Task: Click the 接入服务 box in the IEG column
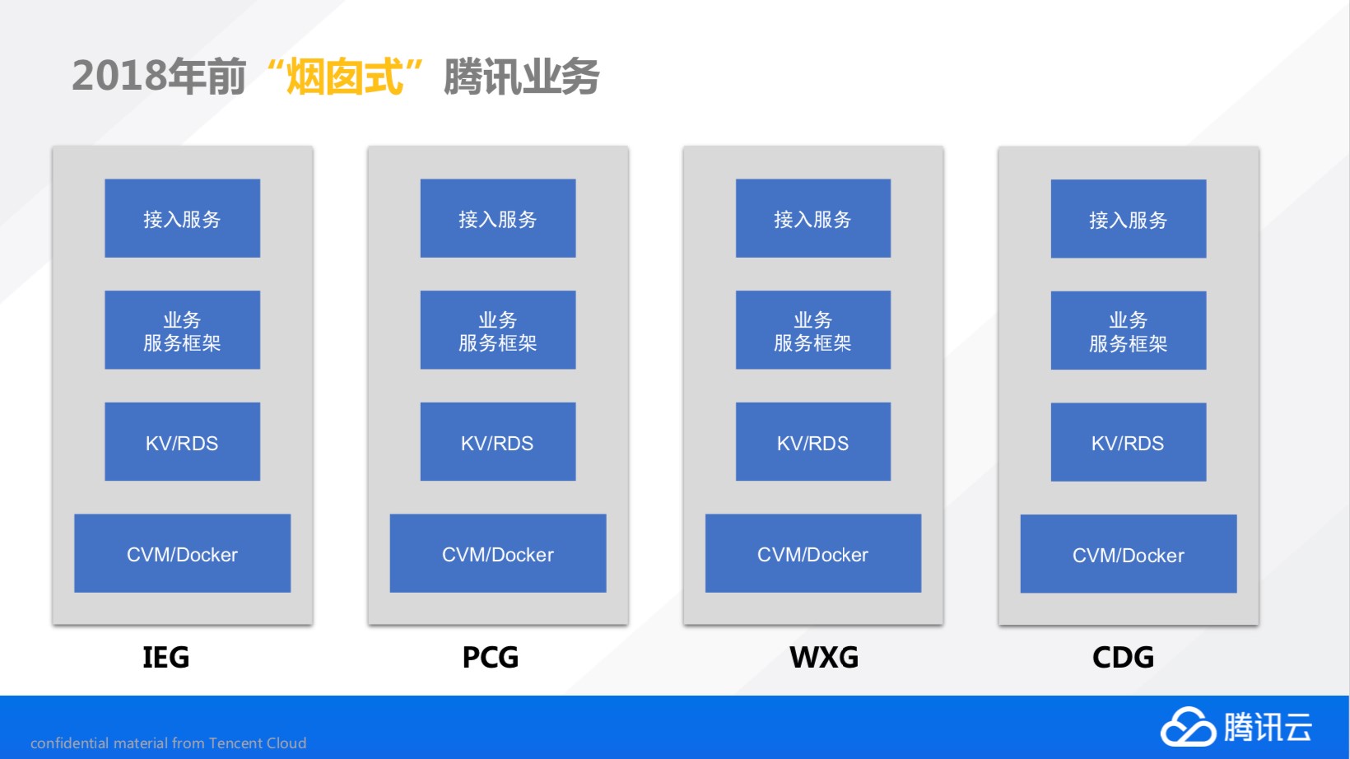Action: click(x=183, y=218)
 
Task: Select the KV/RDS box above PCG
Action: click(x=498, y=441)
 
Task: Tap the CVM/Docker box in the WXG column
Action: click(x=813, y=553)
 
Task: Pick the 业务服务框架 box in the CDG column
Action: click(x=1129, y=330)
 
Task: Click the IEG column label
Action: click(x=165, y=657)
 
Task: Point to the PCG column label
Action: click(x=490, y=657)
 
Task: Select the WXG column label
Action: click(x=824, y=657)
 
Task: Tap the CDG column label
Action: click(x=1123, y=657)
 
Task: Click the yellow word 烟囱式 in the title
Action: click(x=344, y=77)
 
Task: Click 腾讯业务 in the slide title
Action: click(x=521, y=77)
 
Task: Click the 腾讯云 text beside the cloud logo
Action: click(x=1268, y=726)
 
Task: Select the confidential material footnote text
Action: click(x=168, y=743)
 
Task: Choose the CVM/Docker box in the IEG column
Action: click(x=183, y=553)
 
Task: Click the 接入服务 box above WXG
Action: click(x=813, y=218)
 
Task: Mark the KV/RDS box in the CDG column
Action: click(x=1129, y=442)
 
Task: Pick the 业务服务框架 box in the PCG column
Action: click(x=498, y=330)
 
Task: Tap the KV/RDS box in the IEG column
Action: click(x=183, y=441)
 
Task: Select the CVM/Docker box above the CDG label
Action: click(x=1129, y=553)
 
